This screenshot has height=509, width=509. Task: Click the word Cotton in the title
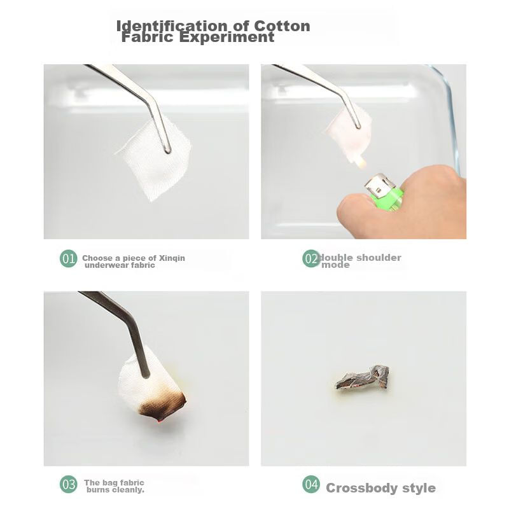(x=282, y=25)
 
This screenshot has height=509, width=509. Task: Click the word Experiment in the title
(x=227, y=37)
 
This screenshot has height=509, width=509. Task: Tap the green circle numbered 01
(x=69, y=258)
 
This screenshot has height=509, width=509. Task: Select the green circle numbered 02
(x=311, y=258)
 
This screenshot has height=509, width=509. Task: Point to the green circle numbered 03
(x=69, y=484)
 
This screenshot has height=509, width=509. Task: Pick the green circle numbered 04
(x=311, y=484)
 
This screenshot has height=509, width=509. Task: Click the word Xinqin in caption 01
(x=172, y=258)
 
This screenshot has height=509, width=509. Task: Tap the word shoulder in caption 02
(x=379, y=258)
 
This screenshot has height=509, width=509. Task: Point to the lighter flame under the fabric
(x=361, y=162)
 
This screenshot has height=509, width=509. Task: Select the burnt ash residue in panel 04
(x=363, y=378)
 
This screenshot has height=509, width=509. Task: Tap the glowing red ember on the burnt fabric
(x=160, y=421)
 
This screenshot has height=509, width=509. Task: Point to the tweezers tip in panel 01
(x=167, y=150)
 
